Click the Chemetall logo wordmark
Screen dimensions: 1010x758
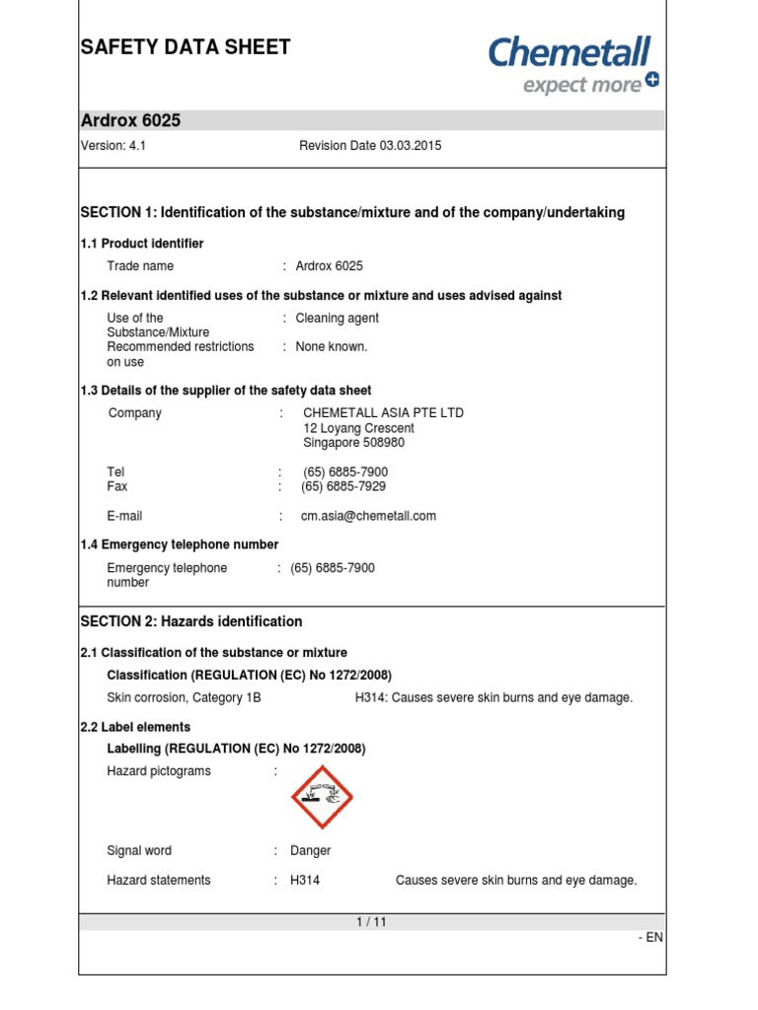pos(569,51)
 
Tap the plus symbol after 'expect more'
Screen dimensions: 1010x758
pos(651,81)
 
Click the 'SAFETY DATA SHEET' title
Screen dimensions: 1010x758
pos(186,47)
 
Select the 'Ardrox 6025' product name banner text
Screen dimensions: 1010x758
pos(130,121)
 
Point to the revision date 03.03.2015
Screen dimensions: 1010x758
pos(370,146)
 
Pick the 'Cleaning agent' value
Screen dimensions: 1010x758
pos(337,319)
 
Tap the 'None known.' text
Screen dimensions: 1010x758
pos(332,347)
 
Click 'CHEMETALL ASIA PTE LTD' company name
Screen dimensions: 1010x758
pos(383,413)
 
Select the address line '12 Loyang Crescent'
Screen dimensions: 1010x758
pos(358,429)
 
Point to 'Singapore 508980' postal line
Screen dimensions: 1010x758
pos(353,444)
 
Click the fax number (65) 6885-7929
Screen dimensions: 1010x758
pos(343,487)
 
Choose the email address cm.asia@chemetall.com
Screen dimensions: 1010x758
pos(368,516)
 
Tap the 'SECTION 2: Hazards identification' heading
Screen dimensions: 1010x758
pos(190,622)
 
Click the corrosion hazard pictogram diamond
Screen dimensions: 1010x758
pos(322,797)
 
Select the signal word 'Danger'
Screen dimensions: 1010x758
pos(310,851)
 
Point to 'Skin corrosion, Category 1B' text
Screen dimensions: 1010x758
pos(184,698)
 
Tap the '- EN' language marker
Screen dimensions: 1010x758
pos(650,938)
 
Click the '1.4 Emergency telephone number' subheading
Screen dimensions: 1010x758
pos(179,544)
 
